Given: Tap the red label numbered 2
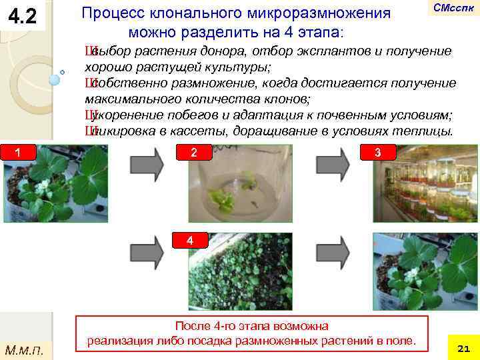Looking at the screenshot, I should click(x=193, y=153).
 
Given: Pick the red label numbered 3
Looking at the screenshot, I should click(x=377, y=153).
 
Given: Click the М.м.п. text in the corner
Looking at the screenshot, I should click(x=23, y=348).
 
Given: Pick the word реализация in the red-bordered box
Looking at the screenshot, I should click(x=118, y=341).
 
